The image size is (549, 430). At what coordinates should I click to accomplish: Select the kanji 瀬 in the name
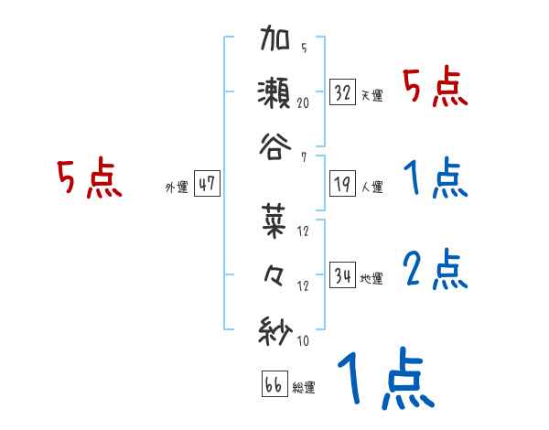276,92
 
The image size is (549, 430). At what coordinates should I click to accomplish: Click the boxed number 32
343,92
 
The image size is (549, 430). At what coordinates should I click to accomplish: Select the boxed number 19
343,184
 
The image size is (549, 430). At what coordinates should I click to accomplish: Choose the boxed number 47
207,184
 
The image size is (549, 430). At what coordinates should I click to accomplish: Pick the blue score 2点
435,270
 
